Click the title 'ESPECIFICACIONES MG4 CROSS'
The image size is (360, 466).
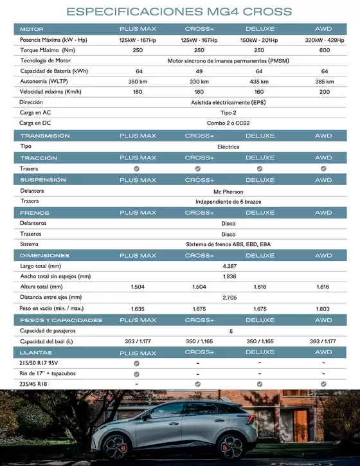point(179,12)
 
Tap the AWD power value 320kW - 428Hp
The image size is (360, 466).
point(324,40)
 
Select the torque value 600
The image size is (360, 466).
point(324,50)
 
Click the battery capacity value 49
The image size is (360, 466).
point(199,71)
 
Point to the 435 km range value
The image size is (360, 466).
point(259,82)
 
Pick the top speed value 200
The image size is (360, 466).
point(324,92)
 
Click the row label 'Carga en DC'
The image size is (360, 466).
point(35,122)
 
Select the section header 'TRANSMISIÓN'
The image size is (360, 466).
point(44,136)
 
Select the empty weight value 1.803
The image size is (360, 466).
point(324,309)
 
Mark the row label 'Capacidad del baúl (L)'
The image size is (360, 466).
point(47,341)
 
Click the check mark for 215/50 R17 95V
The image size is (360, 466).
point(136,363)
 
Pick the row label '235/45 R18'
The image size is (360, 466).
point(34,384)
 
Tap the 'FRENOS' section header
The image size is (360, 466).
point(35,212)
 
